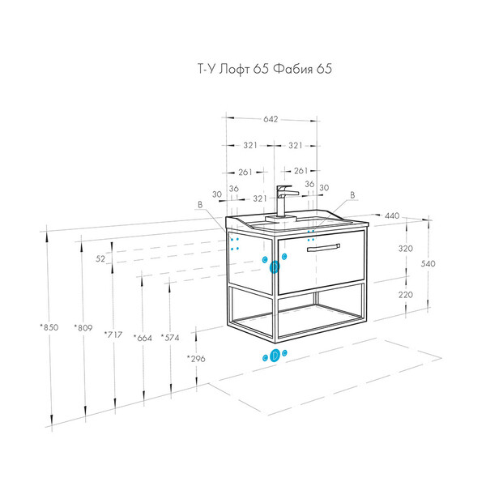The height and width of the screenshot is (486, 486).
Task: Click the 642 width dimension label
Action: [x=271, y=119]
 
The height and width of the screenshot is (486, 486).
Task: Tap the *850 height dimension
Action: [x=49, y=327]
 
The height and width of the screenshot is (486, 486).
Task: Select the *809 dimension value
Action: [x=83, y=327]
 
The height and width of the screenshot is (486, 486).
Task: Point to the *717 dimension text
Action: [x=113, y=335]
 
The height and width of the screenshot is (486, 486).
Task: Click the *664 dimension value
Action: [x=143, y=338]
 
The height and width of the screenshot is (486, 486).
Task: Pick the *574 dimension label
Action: [x=170, y=338]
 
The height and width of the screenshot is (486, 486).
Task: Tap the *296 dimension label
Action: [x=196, y=359]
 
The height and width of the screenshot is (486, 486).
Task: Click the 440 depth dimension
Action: [x=392, y=215]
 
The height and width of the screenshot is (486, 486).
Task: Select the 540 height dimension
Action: [x=428, y=263]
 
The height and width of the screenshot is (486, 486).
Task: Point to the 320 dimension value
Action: [x=406, y=249]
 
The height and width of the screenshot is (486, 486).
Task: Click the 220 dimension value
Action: [x=406, y=295]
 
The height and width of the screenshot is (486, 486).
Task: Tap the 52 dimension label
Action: [x=100, y=258]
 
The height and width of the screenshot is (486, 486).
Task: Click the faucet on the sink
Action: [x=283, y=203]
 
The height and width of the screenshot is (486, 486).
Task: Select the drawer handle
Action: [x=323, y=248]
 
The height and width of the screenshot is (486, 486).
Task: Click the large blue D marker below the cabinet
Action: [x=275, y=356]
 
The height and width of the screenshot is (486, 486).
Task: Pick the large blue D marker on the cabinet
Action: [x=275, y=266]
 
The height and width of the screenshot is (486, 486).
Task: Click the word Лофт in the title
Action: [x=234, y=69]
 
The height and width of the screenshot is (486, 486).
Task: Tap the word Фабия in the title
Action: [x=293, y=69]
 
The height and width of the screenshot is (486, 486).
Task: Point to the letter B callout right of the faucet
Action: [x=352, y=195]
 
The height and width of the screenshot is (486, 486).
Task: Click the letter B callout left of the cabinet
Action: [x=200, y=205]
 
